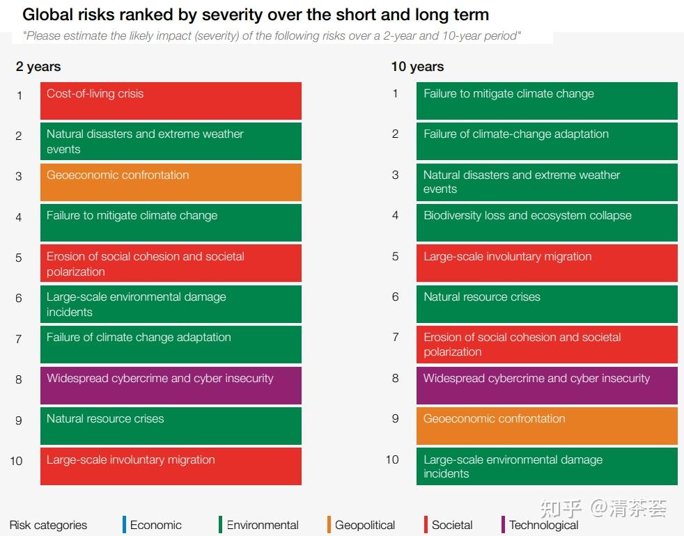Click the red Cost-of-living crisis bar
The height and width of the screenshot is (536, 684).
point(171,101)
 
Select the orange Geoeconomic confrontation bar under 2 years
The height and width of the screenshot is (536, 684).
point(171,182)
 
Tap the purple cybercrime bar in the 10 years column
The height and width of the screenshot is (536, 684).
point(547,386)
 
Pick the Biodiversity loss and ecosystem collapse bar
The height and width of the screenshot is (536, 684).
point(547,223)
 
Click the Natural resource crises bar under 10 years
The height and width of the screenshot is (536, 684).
point(547,304)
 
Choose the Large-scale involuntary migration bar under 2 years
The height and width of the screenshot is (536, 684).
point(171,466)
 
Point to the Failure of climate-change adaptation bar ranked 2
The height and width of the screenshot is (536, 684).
point(547,141)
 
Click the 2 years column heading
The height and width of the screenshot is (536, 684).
point(38,67)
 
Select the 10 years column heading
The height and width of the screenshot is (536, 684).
point(417,67)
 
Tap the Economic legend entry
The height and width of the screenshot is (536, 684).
point(155,525)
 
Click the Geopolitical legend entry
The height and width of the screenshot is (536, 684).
point(364,525)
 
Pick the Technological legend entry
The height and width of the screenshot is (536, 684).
point(543,525)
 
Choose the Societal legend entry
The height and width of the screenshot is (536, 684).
point(451,525)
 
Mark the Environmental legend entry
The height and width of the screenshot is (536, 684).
point(262,525)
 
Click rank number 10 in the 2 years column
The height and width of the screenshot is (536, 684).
point(16,461)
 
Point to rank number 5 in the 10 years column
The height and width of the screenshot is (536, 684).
point(395,257)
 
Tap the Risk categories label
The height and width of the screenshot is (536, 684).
point(48,525)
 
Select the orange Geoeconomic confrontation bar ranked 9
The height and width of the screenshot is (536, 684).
point(547,426)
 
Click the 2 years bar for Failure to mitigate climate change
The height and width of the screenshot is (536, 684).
point(171,223)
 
